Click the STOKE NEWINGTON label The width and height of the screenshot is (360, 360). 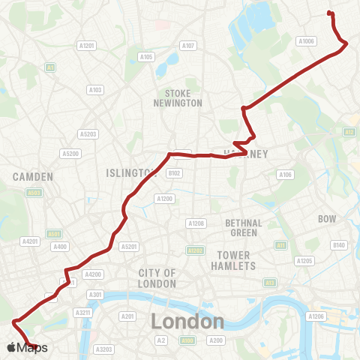point(178,97)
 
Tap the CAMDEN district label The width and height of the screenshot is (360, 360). point(33,177)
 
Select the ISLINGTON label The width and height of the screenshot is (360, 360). point(129,173)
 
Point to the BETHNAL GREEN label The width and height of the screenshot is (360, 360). point(244,228)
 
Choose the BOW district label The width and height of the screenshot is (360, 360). point(327,219)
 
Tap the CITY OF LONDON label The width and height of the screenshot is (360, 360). point(157,278)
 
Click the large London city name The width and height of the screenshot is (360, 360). point(187,322)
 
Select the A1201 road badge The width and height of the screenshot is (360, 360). point(87,46)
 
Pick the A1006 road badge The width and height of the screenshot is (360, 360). point(306,41)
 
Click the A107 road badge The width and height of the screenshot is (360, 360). point(188,46)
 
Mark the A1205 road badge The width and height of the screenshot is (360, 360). point(304,261)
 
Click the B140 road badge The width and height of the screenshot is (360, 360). point(339,245)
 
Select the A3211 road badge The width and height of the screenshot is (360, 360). point(85,311)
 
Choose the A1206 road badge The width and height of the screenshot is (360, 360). point(316,317)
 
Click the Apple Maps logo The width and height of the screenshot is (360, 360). point(27,347)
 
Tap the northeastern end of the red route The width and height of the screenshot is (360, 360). point(329,12)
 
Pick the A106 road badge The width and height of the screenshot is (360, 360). point(285,175)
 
